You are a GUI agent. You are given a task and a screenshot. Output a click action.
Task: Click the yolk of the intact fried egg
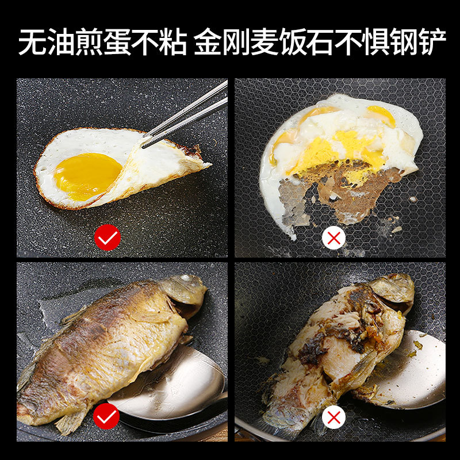pos(87,177)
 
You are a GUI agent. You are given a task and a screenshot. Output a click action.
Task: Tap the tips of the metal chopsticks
pos(143,144)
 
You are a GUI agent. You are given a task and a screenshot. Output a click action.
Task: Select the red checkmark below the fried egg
pos(108,237)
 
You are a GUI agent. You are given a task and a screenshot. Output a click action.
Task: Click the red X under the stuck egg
pos(334,237)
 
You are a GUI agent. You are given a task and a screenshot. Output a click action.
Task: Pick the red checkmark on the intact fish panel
pos(106,416)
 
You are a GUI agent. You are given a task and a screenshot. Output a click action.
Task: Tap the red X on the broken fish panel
pos(334,417)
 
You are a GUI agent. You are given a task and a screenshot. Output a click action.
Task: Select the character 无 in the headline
pos(32,41)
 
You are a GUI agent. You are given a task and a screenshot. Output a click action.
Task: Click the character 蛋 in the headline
pos(117,41)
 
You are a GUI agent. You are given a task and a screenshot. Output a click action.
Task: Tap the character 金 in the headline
pos(208,41)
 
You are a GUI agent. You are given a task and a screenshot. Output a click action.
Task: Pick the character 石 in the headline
pos(320,41)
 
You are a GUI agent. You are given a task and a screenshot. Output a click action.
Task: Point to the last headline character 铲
pos(432,41)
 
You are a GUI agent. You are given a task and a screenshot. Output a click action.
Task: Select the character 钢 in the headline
pos(404,41)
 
